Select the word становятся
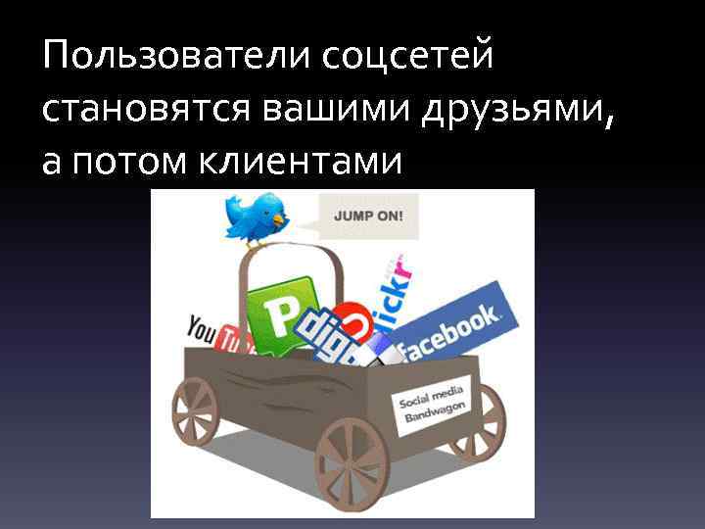146,111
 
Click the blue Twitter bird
255,217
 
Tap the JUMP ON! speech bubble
368,216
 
